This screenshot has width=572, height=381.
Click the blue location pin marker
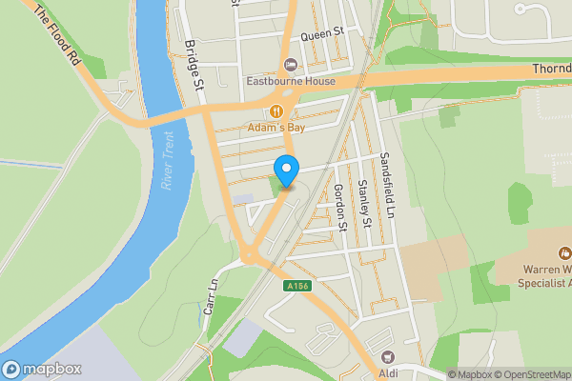(286, 170)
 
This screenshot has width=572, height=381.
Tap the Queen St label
(322, 34)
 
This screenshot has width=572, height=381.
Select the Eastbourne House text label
(291, 81)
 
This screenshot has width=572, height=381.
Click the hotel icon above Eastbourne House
(291, 65)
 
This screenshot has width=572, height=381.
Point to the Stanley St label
(365, 204)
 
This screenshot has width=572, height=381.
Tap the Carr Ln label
(211, 297)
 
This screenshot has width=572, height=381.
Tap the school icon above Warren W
(564, 253)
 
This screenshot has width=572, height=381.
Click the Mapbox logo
(42, 370)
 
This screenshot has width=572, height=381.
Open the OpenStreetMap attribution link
(529, 374)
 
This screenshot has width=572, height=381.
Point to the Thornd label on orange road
(551, 70)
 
